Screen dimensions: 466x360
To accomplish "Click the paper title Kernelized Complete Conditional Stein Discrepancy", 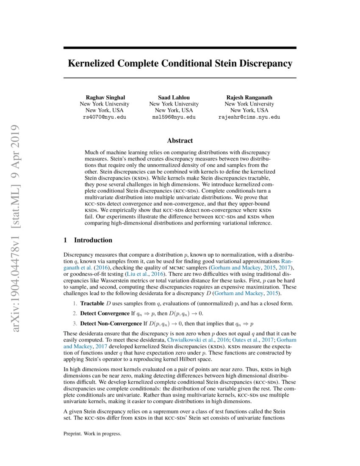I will pyautogui.click(x=180, y=64).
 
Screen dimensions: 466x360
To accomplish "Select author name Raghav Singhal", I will pyautogui.click(x=105, y=97).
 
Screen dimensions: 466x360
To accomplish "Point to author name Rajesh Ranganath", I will pyautogui.click(x=249, y=97).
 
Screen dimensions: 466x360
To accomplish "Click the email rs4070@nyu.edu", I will pyautogui.click(x=105, y=117).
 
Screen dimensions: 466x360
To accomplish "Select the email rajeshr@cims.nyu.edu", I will pyautogui.click(x=249, y=117).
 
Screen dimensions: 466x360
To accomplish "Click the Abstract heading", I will pyautogui.click(x=180, y=141).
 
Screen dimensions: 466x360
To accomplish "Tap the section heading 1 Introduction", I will pyautogui.click(x=88, y=240).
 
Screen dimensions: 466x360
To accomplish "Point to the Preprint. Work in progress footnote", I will pyautogui.click(x=92, y=434).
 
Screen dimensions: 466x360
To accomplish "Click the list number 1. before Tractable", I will pyautogui.click(x=74, y=304).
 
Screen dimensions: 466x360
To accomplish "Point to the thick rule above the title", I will pyautogui.click(x=180, y=48).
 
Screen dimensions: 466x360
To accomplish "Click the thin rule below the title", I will pyautogui.click(x=180, y=78).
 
